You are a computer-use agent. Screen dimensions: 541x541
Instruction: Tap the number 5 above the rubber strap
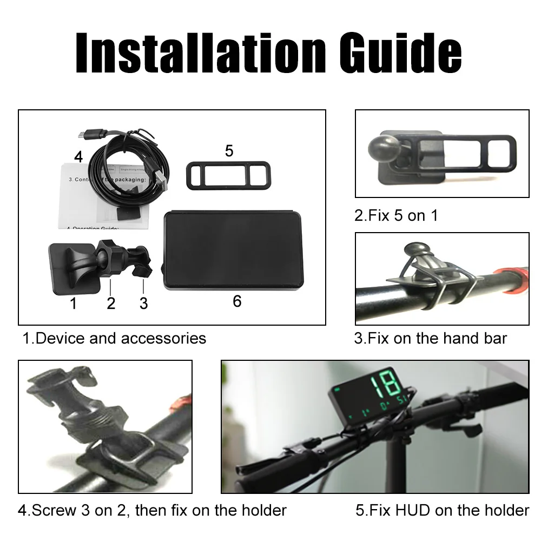coord(229,151)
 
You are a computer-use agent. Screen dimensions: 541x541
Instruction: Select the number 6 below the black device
coord(237,301)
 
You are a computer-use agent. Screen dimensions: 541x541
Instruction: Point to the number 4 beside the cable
coord(79,157)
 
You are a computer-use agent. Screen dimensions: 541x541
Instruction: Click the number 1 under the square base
coord(73,304)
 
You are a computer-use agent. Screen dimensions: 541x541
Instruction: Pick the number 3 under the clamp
coord(143,304)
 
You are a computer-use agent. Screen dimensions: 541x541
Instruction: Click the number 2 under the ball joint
coord(111,304)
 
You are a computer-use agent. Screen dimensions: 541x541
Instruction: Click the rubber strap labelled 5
coord(229,175)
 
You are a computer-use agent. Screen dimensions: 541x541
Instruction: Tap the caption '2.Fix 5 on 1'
coord(396,216)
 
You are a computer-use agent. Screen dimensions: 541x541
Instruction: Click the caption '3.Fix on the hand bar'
coord(431,339)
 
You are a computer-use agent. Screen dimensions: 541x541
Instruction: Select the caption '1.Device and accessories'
coord(114,339)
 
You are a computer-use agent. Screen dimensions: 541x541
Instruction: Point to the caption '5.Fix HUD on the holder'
coord(442,510)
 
